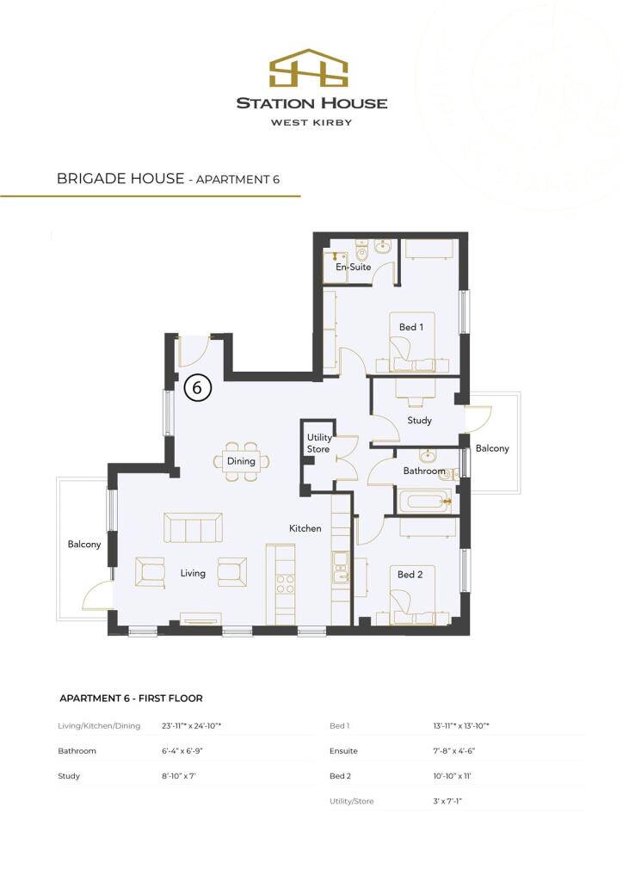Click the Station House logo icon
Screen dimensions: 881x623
click(311, 70)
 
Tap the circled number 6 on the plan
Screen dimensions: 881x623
click(197, 388)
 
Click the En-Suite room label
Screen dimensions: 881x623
click(354, 268)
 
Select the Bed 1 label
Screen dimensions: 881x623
click(410, 327)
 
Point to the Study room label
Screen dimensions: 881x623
click(419, 421)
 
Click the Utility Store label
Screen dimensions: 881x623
click(319, 443)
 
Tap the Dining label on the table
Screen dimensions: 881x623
click(242, 461)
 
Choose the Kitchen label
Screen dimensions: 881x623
click(305, 528)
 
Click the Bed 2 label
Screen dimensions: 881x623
click(410, 574)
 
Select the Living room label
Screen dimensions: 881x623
click(193, 573)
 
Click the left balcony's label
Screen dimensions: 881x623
click(84, 545)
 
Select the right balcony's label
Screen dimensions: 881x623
click(492, 448)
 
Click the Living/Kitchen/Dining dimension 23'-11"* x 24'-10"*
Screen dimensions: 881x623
click(192, 726)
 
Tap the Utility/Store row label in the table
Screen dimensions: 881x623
click(354, 801)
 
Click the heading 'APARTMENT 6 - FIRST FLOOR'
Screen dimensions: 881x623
click(131, 698)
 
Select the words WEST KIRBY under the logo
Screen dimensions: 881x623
click(311, 122)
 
